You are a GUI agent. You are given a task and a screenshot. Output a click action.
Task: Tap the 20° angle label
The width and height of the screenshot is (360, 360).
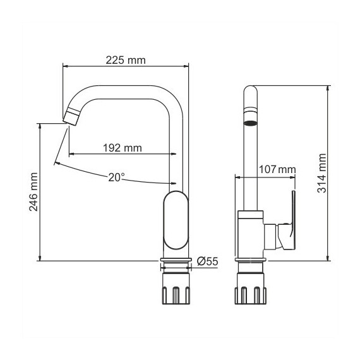pos(115,177)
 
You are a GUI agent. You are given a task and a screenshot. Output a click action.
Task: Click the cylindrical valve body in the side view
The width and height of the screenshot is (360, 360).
pos(251,234)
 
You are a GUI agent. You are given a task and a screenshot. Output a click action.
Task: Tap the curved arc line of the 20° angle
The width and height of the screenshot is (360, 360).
pos(95,174)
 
